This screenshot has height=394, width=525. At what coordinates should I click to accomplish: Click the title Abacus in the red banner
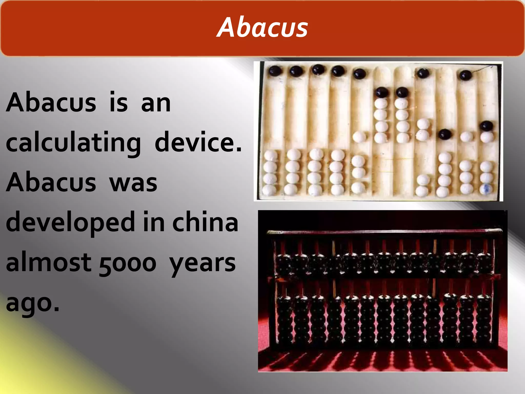point(262,27)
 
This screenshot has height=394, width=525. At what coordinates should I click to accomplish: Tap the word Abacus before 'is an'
point(51,103)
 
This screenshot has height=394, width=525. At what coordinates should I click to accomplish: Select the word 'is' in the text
point(118,103)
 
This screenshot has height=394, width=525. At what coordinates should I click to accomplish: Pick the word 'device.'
point(198,142)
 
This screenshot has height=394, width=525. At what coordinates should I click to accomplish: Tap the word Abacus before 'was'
point(51,182)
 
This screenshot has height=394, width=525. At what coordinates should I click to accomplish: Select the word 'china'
point(205,222)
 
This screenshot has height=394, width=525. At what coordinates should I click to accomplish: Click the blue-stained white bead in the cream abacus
point(486,189)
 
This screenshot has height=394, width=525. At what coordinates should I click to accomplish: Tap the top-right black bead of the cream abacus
point(466,75)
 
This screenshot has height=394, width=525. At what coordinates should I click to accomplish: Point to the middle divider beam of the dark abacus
point(385,277)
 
